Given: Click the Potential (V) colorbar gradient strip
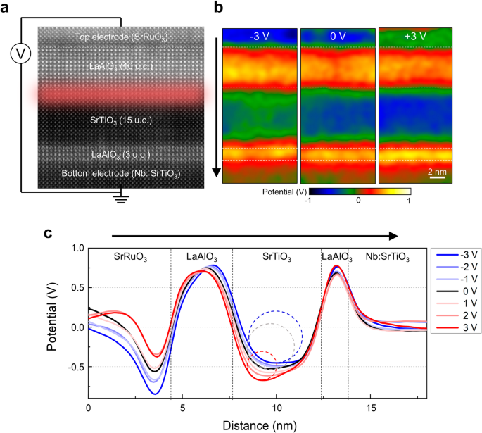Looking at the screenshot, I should click(x=329, y=191).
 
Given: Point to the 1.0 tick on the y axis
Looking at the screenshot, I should click(x=75, y=248).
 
